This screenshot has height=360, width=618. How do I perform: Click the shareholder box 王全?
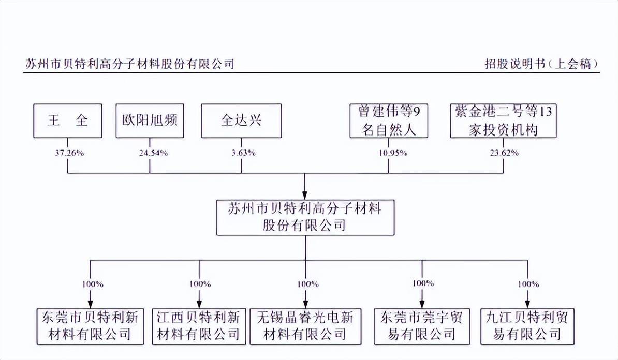68,121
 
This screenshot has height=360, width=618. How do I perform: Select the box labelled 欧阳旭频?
150,121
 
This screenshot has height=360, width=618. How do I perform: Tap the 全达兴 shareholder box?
241,121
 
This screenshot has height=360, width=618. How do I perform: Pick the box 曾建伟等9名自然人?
389,121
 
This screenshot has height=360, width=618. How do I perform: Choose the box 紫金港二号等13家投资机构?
503,121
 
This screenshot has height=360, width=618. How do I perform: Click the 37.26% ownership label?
69,153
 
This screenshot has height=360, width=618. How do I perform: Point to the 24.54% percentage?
153,153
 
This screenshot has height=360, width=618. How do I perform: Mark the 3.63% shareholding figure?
244,153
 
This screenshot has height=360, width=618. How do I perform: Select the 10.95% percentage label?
393,153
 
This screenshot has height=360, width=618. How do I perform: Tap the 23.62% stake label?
504,153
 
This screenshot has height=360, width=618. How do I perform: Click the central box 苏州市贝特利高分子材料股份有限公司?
305,217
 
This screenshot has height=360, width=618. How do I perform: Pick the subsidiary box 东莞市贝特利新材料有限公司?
90,326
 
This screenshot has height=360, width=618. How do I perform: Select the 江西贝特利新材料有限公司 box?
199,326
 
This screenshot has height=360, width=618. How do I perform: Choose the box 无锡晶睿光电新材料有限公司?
305,326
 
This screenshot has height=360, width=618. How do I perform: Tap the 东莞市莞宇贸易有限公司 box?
422,326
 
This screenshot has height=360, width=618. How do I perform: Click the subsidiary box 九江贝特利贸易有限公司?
527,326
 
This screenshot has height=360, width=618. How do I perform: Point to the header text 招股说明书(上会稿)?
542,64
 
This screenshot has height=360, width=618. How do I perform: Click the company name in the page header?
130,64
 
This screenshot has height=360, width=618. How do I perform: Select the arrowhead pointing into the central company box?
305,196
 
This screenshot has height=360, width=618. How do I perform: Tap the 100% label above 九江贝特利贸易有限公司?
528,284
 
